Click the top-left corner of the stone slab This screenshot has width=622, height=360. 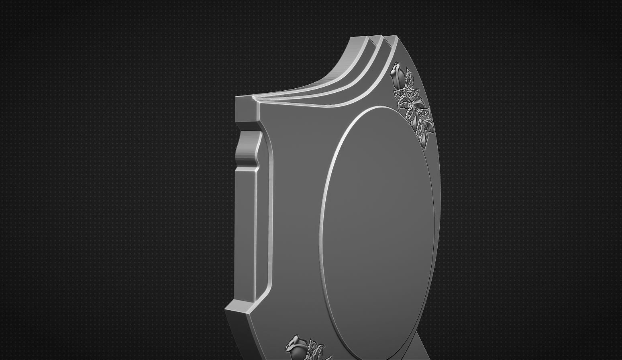pos(237,98)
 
